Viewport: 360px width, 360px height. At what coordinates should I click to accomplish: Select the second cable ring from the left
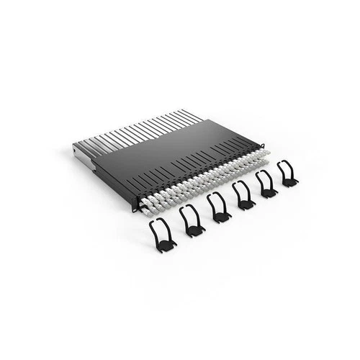192,220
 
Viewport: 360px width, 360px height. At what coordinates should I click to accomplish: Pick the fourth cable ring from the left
243,195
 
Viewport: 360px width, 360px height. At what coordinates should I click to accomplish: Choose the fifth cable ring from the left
266,184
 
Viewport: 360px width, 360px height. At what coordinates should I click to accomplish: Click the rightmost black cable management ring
287,174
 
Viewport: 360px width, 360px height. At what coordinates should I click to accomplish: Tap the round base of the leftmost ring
165,245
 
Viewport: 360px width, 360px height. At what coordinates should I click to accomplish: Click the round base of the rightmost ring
289,182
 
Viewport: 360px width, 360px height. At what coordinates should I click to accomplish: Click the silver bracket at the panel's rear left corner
84,155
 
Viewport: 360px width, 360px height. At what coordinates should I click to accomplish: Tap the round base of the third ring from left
222,216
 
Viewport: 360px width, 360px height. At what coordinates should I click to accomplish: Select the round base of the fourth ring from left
246,204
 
